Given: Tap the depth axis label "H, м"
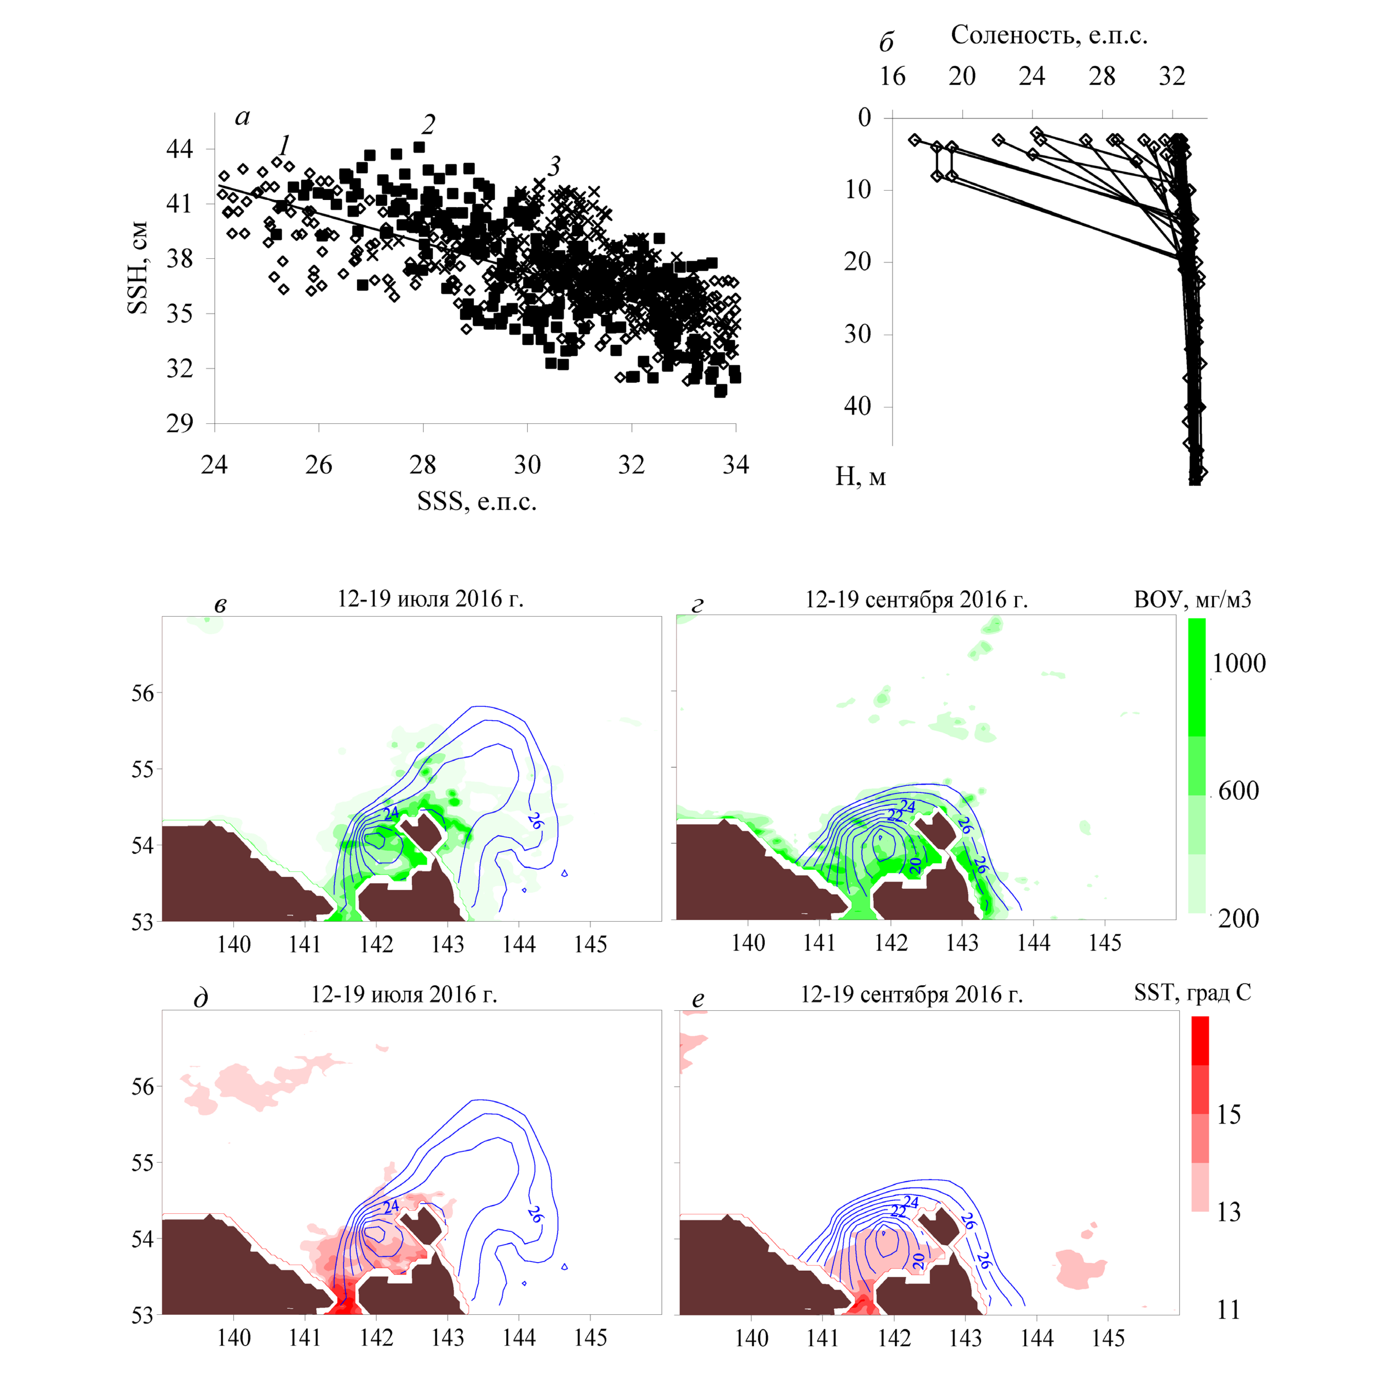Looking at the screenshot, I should (860, 476).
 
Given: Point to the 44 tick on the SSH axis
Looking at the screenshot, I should (179, 149).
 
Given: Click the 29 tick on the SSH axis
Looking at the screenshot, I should (179, 423).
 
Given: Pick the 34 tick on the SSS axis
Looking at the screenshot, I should (736, 465).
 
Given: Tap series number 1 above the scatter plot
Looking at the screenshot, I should (284, 145).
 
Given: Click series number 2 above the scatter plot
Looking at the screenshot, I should (428, 125).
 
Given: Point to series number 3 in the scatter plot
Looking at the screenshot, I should (554, 166).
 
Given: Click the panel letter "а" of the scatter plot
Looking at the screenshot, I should (242, 117).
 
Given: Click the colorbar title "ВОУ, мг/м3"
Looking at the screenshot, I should (1193, 600).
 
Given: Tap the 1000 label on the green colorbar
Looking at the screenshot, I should (1239, 663).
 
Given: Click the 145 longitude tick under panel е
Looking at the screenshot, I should (1108, 1339).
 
